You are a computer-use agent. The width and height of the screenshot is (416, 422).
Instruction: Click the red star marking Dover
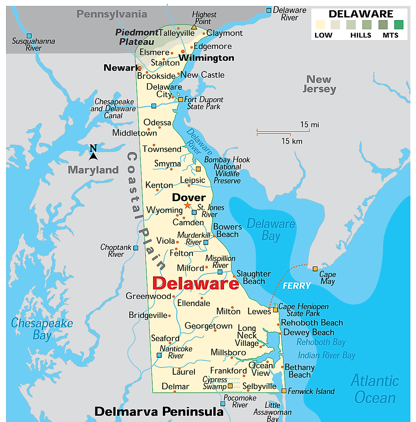pos(187,205)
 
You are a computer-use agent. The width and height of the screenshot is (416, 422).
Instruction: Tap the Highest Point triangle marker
pos(194,27)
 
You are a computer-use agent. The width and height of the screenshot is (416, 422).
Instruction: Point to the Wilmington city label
pos(206,58)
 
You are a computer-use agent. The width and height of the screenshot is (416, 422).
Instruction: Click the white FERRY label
pos(297,286)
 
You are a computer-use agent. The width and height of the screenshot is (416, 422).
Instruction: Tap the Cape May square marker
pos(315,269)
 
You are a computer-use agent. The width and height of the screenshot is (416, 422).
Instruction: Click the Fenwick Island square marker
pos(284,391)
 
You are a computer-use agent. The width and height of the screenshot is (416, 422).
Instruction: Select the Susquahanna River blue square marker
pos(29,35)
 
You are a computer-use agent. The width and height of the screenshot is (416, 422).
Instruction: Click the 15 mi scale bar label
pos(310,125)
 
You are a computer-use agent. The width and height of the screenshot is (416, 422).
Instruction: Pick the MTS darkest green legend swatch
pos(399,25)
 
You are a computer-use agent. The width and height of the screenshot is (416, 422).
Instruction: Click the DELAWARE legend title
pos(360,14)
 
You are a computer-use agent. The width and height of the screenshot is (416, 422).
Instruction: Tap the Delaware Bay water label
pos(271,230)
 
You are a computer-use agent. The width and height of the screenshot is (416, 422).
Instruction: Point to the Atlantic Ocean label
pos(375,389)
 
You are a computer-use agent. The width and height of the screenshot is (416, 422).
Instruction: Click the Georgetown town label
pos(209,326)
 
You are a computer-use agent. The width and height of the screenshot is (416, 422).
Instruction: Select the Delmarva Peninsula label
pos(159,412)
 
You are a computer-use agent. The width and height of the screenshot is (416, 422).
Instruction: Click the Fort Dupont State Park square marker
pos(181,99)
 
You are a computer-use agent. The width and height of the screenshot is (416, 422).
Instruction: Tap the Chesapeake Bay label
pos(42,329)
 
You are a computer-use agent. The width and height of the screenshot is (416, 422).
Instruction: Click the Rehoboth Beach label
pos(312,323)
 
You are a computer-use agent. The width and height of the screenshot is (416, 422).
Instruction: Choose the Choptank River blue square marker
pos(136,248)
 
